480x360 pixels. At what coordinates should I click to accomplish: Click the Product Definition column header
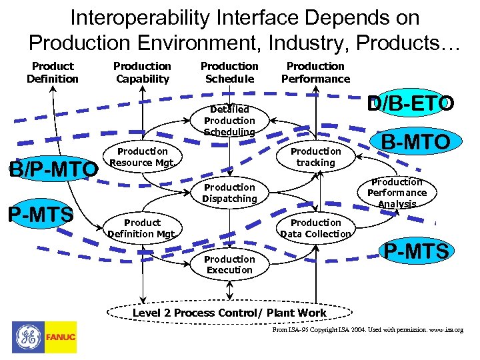pos(52,73)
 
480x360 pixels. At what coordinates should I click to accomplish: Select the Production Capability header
pos(142,73)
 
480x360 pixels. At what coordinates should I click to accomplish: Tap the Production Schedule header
pos(229,73)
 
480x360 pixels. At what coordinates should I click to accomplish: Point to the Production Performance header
pos(315,73)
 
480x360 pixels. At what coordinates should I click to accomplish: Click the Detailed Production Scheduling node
pos(229,121)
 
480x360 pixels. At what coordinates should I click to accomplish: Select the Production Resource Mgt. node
pos(142,157)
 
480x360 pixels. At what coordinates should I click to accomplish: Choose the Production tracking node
pos(315,157)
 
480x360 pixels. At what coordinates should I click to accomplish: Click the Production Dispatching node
pos(229,193)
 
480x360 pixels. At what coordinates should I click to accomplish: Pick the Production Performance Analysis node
pos(397,193)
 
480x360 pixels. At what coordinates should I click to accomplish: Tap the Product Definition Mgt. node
pos(142,228)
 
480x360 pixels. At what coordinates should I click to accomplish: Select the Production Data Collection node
pos(315,228)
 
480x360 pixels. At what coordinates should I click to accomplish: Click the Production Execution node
pos(229,265)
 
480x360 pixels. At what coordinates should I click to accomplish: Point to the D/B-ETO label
pos(411,104)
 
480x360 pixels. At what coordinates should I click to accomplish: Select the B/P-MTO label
pos(52,171)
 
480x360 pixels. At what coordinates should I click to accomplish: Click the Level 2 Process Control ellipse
pos(229,313)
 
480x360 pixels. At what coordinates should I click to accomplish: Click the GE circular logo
pos(27,337)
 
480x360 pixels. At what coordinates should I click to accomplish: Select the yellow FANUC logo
pos(60,337)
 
